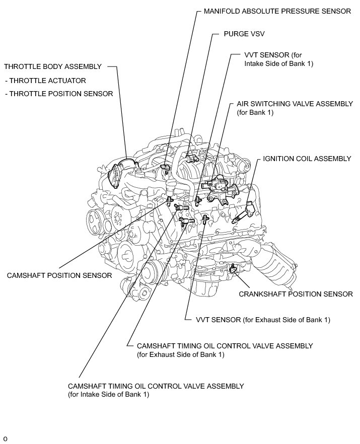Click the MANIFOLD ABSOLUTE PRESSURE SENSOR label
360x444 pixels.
pyautogui.click(x=277, y=11)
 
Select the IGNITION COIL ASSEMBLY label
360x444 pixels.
pyautogui.click(x=307, y=159)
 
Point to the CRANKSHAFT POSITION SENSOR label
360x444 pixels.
pyautogui.click(x=296, y=293)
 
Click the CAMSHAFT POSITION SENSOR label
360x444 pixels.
pyautogui.click(x=59, y=275)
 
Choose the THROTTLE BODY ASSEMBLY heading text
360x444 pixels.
pyautogui.click(x=52, y=66)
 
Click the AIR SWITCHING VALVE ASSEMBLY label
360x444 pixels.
pyautogui.click(x=295, y=104)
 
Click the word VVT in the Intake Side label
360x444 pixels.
pyautogui.click(x=253, y=55)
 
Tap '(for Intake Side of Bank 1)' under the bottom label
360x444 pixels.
pyautogui.click(x=108, y=395)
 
